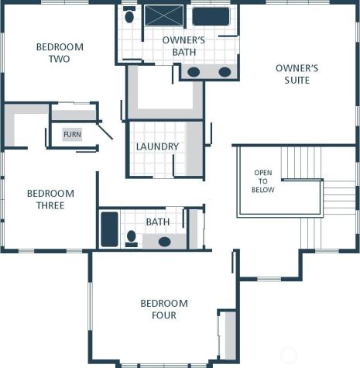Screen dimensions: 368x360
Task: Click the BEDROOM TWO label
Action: coord(60,53)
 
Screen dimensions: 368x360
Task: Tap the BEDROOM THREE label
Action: coord(50,199)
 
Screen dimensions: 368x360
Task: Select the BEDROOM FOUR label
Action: coord(163,309)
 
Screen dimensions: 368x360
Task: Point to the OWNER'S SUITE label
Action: coord(297,74)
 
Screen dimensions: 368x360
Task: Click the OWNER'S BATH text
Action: coord(183,46)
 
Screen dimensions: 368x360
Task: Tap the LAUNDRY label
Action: coord(157,146)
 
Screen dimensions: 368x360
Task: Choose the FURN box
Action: coord(72,134)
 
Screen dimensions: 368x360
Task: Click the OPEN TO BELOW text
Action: coord(263,181)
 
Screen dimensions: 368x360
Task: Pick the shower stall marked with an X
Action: coord(164,15)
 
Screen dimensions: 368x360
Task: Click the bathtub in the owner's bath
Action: coord(211,16)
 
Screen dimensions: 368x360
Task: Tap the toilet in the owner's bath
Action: coord(129,16)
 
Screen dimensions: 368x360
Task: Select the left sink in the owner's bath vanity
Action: coord(194,72)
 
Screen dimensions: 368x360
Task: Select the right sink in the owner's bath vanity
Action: coord(225,72)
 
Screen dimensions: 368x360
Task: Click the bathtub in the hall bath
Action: coord(109,229)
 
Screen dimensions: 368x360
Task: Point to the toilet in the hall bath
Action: coord(132,237)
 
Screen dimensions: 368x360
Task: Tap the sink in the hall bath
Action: coord(165,242)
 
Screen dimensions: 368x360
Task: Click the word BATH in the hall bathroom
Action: coord(158,222)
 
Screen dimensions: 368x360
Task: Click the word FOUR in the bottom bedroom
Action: coord(164,315)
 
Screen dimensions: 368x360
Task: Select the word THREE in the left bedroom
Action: coord(50,205)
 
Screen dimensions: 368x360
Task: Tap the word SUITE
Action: coord(297,80)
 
